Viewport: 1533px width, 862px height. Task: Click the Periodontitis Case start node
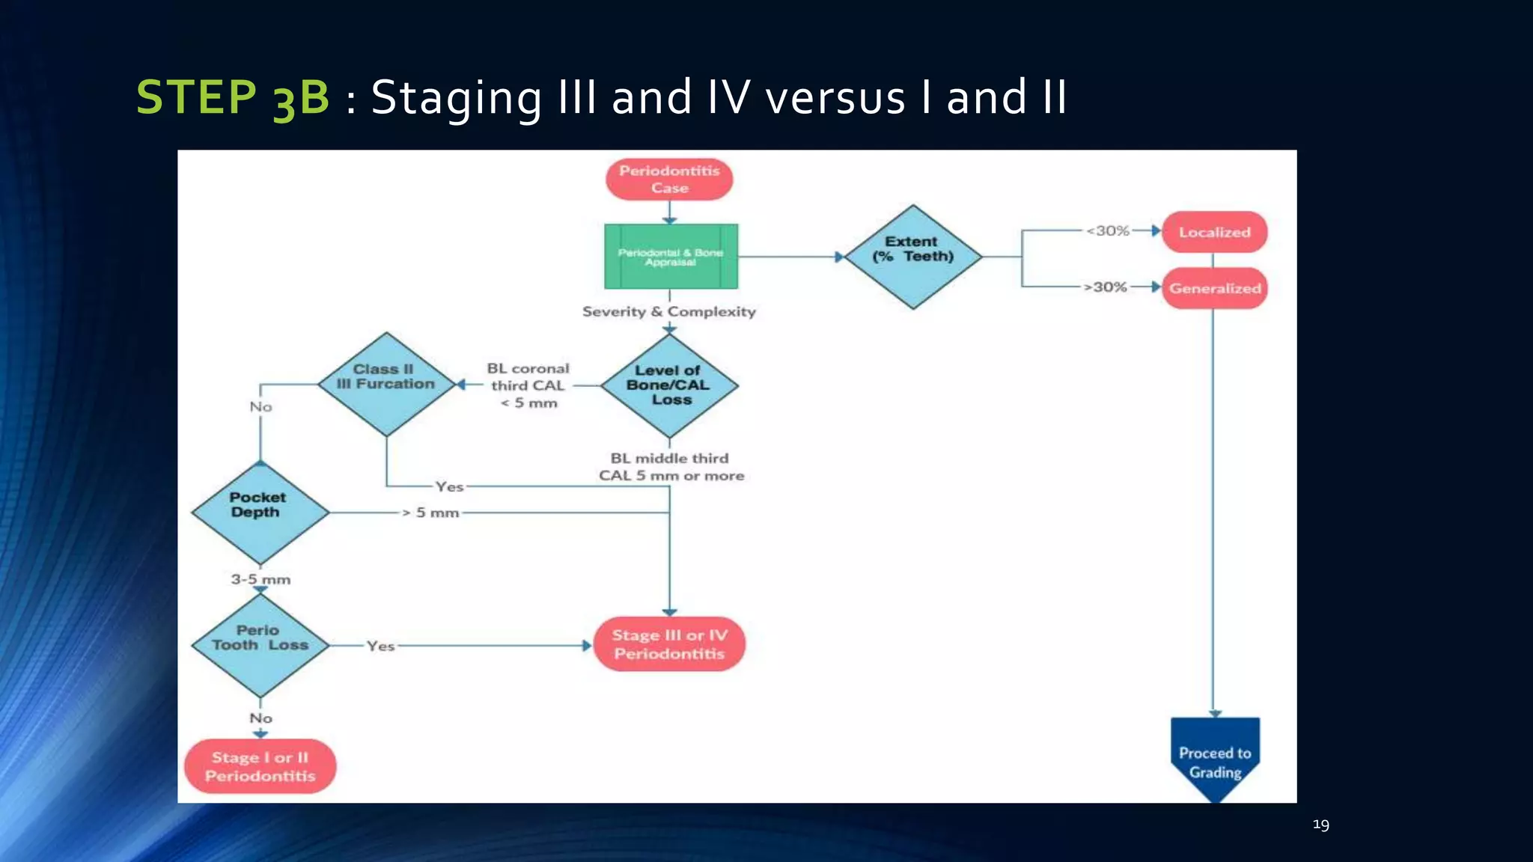click(669, 180)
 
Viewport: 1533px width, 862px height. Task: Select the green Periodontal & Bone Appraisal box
click(671, 257)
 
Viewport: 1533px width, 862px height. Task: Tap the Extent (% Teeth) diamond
click(912, 257)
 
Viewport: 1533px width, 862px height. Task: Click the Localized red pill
click(1214, 232)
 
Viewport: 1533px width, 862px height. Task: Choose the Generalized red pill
click(1214, 288)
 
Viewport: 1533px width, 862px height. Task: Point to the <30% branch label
click(1108, 231)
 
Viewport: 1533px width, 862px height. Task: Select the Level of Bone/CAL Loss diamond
click(669, 385)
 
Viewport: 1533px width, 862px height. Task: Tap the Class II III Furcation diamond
click(386, 384)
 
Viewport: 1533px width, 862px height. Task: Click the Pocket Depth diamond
click(260, 513)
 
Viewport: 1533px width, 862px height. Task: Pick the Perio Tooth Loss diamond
click(260, 645)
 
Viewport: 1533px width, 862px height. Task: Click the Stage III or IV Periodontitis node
click(669, 644)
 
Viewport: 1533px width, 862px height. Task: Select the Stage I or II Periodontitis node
click(260, 766)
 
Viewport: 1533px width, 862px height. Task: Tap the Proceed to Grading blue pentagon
click(1215, 759)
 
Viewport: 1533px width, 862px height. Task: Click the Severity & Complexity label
click(669, 311)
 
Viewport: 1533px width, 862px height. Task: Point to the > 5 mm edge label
click(431, 513)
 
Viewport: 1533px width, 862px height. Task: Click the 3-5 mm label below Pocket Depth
click(260, 579)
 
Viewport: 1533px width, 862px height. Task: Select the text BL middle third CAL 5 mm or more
click(671, 467)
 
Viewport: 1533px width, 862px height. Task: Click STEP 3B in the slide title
click(233, 97)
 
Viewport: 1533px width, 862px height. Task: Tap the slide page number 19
click(1320, 825)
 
